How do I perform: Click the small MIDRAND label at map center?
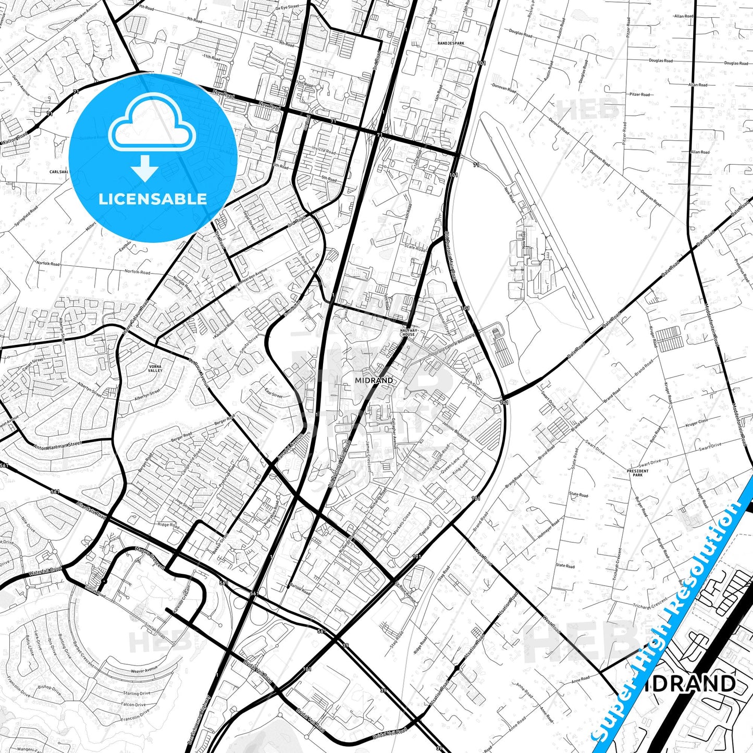pyautogui.click(x=374, y=380)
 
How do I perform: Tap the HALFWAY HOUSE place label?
pyautogui.click(x=408, y=332)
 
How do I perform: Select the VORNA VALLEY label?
pyautogui.click(x=155, y=368)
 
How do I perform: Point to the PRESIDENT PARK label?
pyautogui.click(x=638, y=473)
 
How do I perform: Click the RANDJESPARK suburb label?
pyautogui.click(x=451, y=43)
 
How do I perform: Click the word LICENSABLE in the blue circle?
pyautogui.click(x=153, y=199)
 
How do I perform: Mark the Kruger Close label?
pyautogui.click(x=697, y=422)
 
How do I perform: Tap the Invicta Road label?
pyautogui.click(x=324, y=151)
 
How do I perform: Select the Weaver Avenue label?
pyautogui.click(x=144, y=671)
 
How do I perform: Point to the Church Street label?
pyautogui.click(x=472, y=384)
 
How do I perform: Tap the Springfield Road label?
pyautogui.click(x=27, y=217)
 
